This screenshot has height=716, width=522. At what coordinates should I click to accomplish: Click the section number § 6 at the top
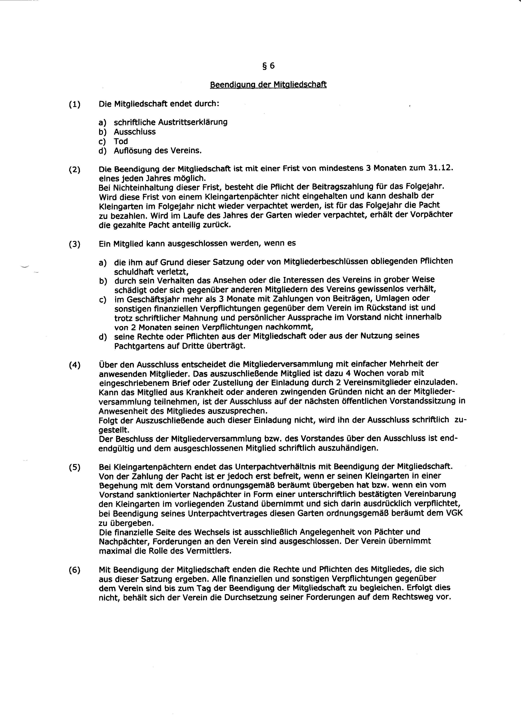coord(268,66)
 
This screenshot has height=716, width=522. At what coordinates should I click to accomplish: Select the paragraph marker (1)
coord(75,104)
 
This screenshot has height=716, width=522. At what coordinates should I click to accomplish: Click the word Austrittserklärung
coord(193,122)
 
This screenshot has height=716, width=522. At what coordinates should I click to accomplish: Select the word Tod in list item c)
coord(121,141)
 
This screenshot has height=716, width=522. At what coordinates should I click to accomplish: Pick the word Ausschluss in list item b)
coord(135,132)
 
